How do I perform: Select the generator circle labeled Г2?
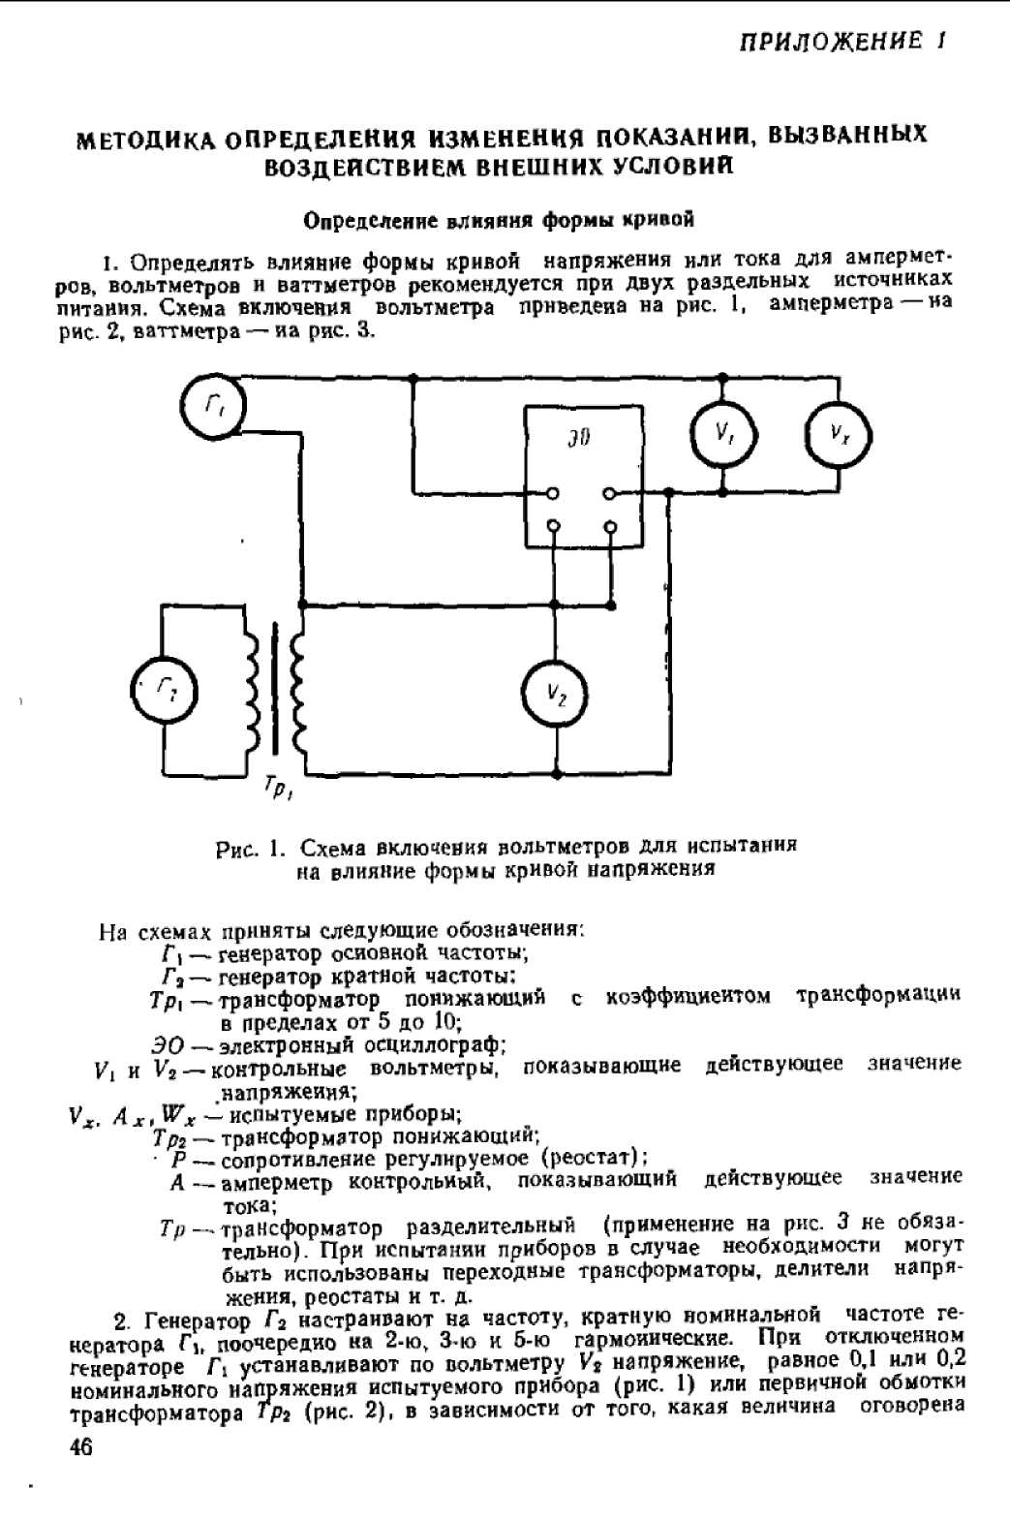(x=164, y=689)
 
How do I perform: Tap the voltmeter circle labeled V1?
(x=722, y=432)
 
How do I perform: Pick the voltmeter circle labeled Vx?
(x=839, y=433)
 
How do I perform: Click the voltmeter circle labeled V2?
(x=556, y=692)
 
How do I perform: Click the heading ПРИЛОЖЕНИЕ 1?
(x=842, y=42)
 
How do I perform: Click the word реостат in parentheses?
(x=590, y=1158)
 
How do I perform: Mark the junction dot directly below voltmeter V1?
(x=722, y=492)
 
